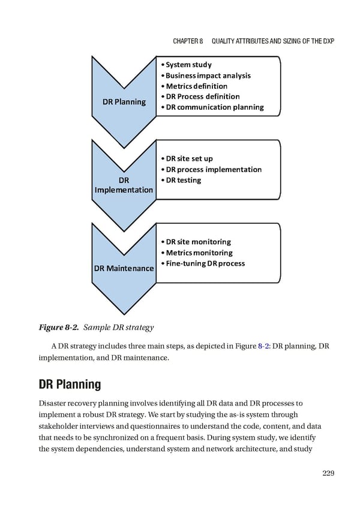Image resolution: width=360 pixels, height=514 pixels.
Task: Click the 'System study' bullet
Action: tap(188, 65)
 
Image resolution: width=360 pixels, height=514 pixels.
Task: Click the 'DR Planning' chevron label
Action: tap(124, 101)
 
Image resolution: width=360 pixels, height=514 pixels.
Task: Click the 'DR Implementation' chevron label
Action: tap(124, 185)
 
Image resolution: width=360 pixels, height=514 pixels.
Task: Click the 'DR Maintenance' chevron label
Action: tap(124, 268)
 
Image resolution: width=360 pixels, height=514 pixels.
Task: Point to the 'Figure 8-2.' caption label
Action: tap(58, 327)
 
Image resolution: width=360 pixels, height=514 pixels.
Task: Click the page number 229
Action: tap(328, 473)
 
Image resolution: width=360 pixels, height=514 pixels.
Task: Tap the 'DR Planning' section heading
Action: tap(70, 384)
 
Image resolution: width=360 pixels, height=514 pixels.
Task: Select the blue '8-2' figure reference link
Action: tap(263, 346)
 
